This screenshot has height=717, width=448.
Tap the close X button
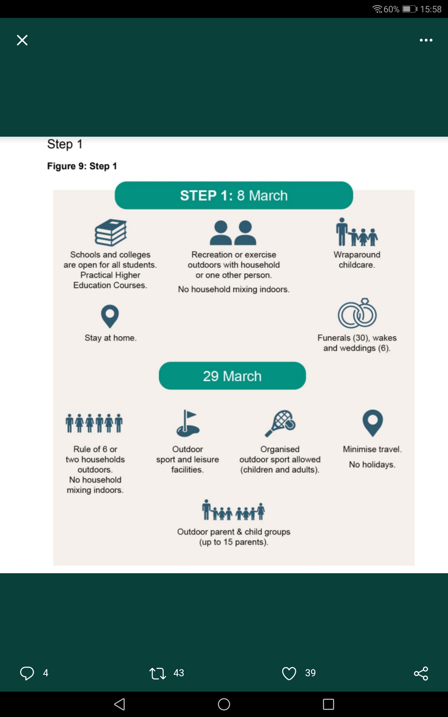(22, 40)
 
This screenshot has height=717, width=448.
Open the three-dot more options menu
(426, 40)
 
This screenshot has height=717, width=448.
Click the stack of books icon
(111, 232)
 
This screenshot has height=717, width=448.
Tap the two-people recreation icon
(233, 233)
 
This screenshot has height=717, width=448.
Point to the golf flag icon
(188, 423)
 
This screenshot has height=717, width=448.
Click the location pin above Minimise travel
(373, 423)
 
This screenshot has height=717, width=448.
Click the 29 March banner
(232, 376)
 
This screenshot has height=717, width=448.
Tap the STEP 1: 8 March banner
(234, 195)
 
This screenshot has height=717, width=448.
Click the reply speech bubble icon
(27, 673)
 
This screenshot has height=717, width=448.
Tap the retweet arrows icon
(158, 673)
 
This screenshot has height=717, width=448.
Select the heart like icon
(289, 673)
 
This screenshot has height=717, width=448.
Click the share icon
(421, 673)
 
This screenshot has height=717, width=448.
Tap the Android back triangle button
(119, 704)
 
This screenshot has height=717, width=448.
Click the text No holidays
(372, 465)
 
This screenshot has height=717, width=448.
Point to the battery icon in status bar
(410, 9)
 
